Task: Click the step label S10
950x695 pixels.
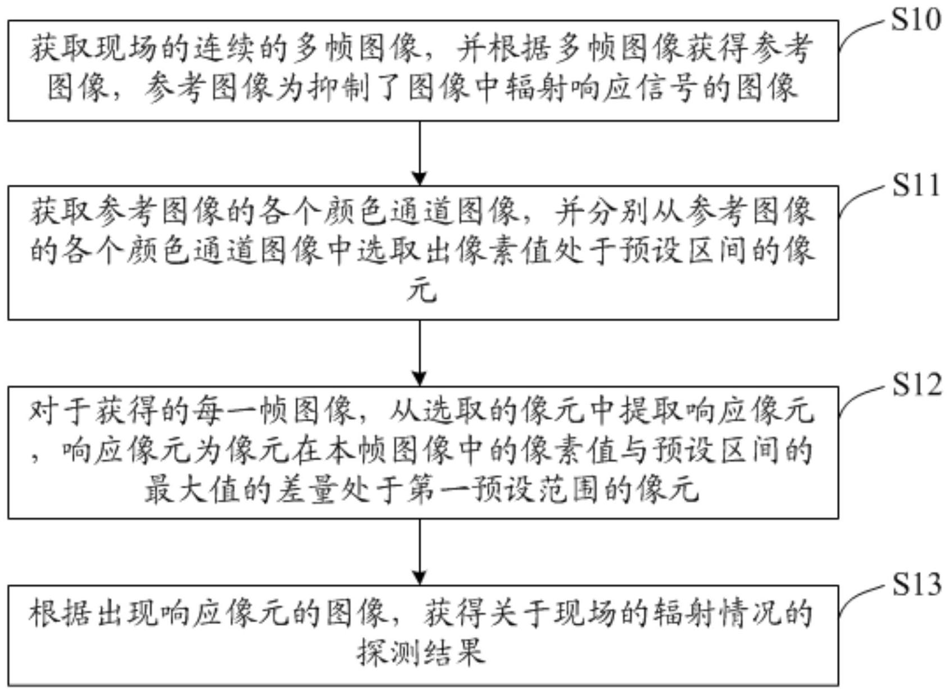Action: point(916,20)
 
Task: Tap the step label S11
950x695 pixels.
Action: point(916,185)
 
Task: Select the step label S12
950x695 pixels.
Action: point(916,385)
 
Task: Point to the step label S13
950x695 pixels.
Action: point(916,584)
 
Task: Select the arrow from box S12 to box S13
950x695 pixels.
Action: point(419,552)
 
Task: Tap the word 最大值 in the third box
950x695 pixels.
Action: point(177,490)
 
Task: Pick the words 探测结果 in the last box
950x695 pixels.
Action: point(421,653)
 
